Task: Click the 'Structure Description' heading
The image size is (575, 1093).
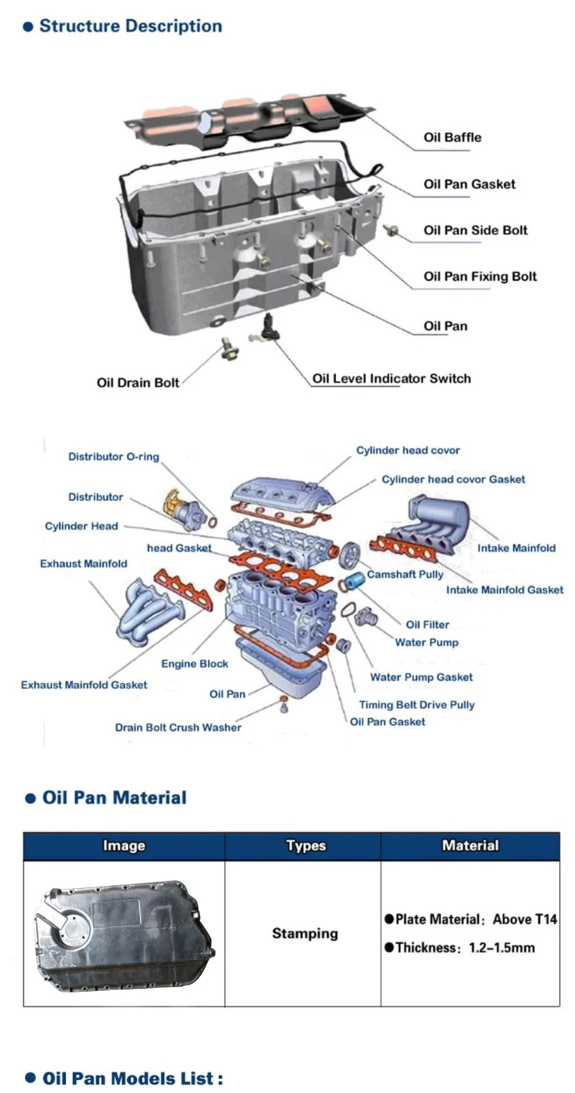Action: (130, 26)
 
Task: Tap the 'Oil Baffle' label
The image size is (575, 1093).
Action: (452, 138)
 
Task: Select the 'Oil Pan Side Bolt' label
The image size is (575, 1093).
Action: (475, 231)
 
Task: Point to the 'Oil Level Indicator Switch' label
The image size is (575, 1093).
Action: (391, 378)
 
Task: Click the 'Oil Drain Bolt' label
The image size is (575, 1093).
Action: (138, 383)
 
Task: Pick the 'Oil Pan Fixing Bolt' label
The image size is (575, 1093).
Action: (480, 277)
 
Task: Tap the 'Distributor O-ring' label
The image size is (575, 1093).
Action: (113, 457)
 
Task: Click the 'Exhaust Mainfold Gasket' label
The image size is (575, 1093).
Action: (84, 685)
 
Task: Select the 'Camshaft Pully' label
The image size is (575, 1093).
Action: (405, 575)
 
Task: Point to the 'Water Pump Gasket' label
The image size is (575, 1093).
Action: (421, 678)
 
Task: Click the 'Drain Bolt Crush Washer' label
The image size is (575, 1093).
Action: (178, 728)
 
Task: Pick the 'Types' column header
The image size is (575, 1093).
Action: (306, 846)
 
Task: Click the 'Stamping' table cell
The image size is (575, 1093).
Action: (305, 934)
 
